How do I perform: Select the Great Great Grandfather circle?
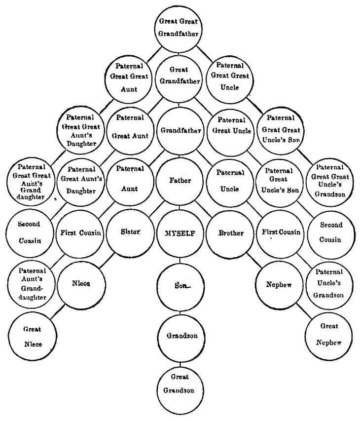point(179,28)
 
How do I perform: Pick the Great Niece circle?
point(32,337)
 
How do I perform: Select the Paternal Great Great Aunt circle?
point(129,78)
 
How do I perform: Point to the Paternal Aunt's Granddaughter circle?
point(32,284)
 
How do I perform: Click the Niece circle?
point(81,284)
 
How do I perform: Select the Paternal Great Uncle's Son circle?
point(279,180)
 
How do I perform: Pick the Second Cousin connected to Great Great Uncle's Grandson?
point(330,232)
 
